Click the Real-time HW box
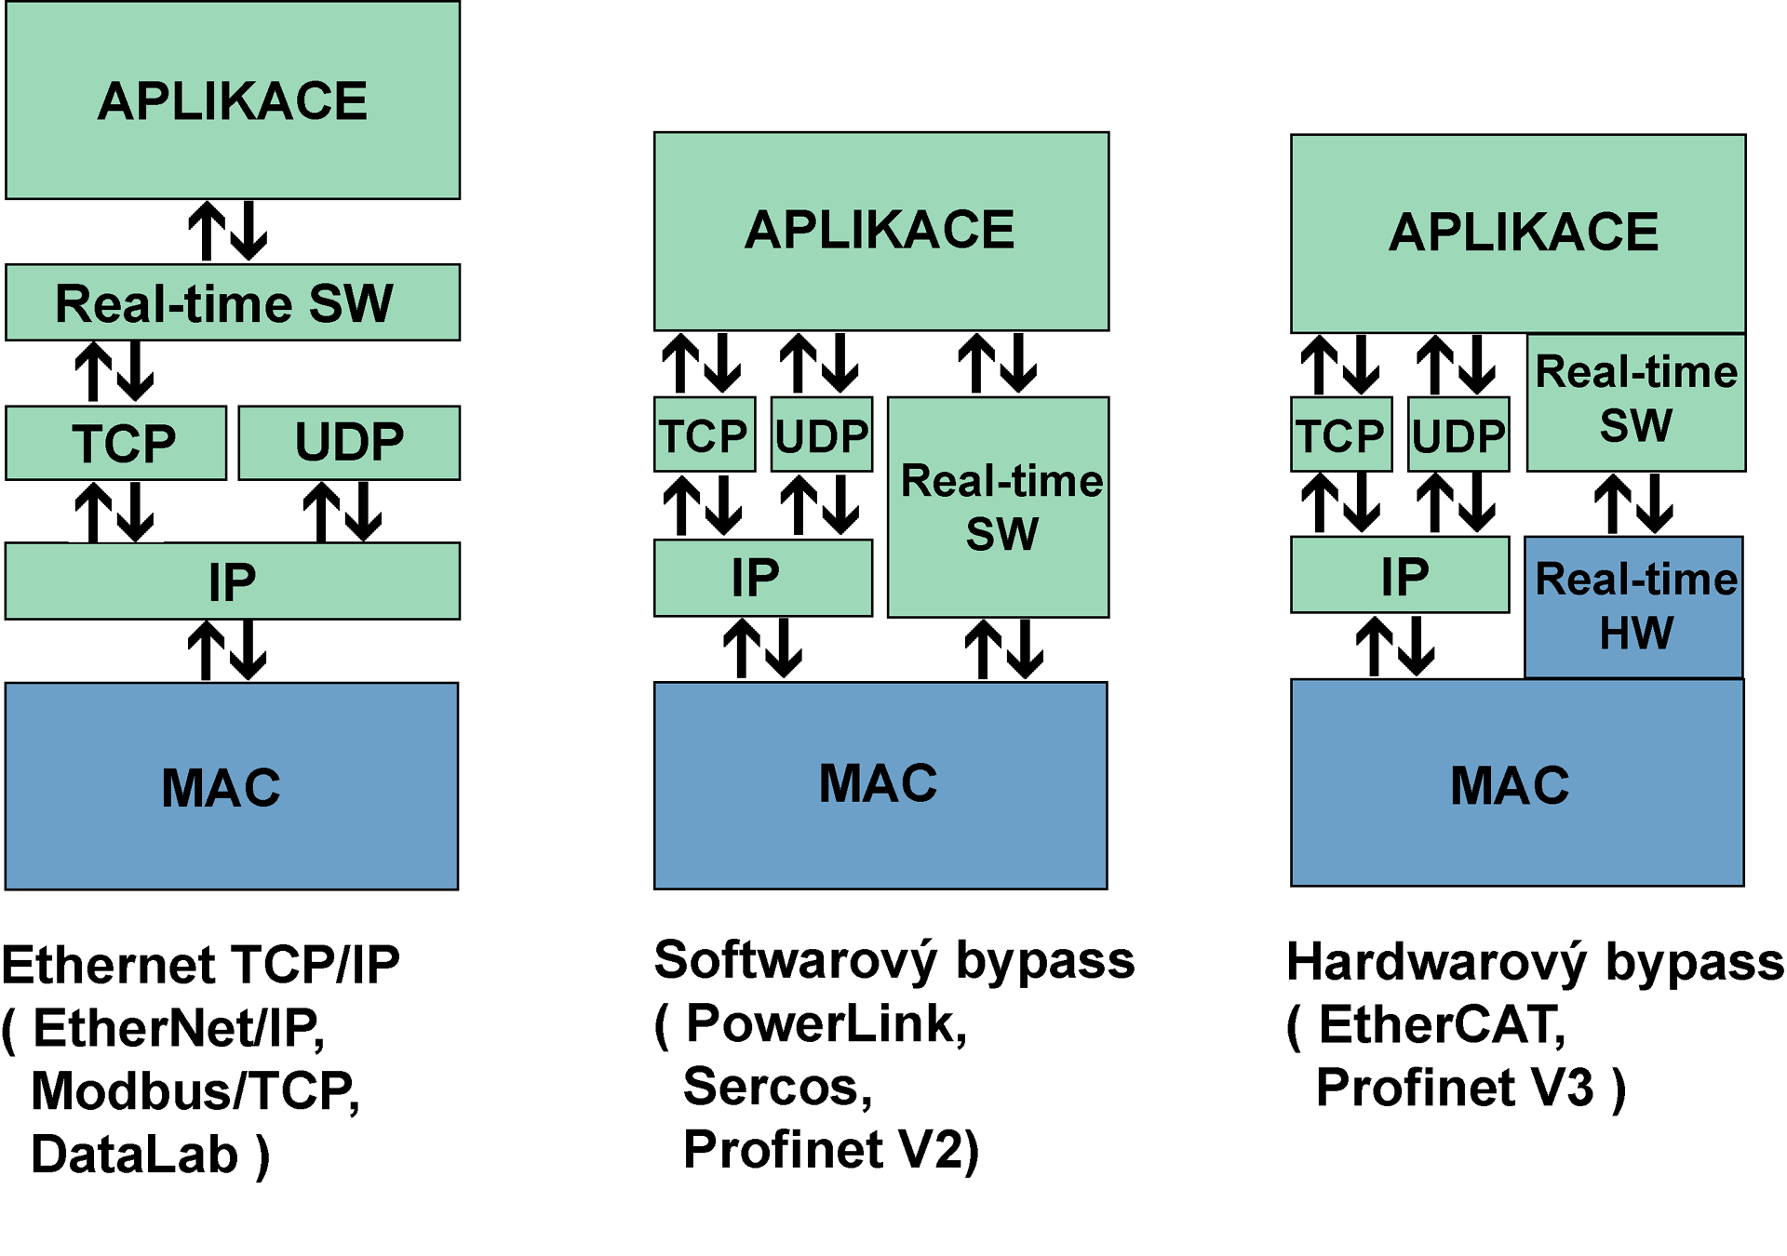[1633, 607]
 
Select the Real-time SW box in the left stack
[232, 302]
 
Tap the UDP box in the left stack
[349, 442]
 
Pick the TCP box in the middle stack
[705, 435]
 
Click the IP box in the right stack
[1400, 575]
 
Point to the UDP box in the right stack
[1458, 435]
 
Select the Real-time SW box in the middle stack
[999, 507]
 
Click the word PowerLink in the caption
[826, 1024]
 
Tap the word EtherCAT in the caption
[1443, 1025]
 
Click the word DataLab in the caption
[135, 1155]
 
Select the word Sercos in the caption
[778, 1087]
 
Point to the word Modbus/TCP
[195, 1091]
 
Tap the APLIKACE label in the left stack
[233, 100]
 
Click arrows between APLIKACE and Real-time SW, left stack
[228, 232]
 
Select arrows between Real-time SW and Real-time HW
[1633, 504]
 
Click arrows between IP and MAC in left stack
[228, 650]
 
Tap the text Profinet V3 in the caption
[1455, 1088]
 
